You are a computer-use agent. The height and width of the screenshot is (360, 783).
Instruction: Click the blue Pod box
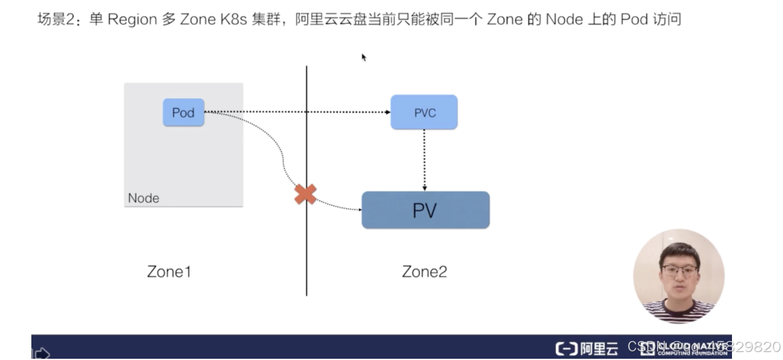[x=183, y=112]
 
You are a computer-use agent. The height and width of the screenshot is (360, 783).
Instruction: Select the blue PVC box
[x=424, y=112]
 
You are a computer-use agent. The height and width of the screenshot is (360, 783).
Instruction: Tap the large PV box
[x=425, y=210]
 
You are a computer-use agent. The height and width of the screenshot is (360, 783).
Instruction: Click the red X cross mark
[x=305, y=194]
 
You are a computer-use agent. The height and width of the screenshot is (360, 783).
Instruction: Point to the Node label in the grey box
[x=143, y=198]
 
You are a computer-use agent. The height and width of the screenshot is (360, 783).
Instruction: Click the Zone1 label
[x=169, y=272]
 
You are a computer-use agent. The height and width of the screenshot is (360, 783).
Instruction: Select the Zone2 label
[x=424, y=272]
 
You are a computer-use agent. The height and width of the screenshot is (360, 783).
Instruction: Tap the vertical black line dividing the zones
[x=307, y=258]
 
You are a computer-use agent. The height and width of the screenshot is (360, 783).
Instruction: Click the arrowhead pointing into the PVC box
[x=388, y=112]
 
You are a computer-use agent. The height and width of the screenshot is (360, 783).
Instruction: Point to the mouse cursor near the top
[x=363, y=57]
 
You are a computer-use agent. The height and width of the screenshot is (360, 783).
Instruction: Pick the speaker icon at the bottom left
[x=41, y=353]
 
